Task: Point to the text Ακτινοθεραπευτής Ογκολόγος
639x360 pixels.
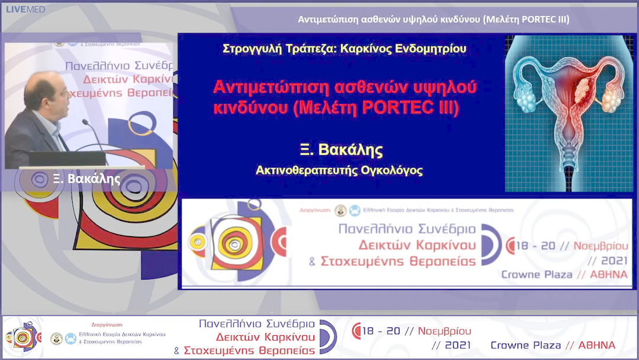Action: coord(339,171)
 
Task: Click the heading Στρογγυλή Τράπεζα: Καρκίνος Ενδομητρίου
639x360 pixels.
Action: coord(344,49)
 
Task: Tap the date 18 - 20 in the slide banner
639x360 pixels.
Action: coord(533,245)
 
